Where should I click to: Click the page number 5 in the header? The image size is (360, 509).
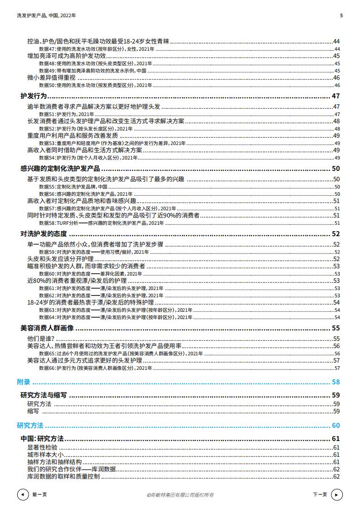341,15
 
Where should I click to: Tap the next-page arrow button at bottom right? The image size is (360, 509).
336,494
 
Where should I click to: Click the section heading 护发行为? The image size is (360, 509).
34,96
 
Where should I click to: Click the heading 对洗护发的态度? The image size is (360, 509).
44,234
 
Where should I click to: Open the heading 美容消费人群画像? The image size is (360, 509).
47,328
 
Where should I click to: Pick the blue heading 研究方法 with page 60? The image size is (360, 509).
30,426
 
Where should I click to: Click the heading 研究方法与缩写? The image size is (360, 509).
44,395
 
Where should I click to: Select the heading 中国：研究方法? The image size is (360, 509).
42,439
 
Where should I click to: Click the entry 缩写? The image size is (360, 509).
33,411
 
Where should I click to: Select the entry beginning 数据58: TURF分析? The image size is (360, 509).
101,223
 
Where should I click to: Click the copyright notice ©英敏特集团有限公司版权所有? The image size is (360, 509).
180,495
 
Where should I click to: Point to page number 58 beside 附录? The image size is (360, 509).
336,382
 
